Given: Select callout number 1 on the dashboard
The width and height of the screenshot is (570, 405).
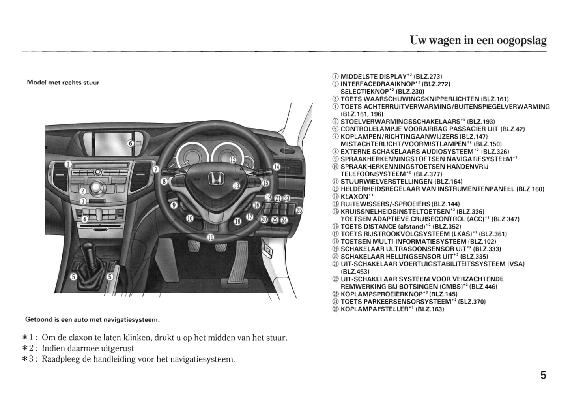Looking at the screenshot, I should (x=68, y=164).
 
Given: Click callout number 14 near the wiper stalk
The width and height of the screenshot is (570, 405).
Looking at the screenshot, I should (x=277, y=167).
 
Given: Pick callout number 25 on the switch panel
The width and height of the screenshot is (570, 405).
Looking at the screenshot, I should (x=299, y=210).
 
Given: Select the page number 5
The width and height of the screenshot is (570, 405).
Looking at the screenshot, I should (x=543, y=375).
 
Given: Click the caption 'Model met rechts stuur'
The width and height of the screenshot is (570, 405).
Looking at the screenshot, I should (x=63, y=83).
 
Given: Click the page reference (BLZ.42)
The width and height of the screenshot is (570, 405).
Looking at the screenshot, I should (x=512, y=129).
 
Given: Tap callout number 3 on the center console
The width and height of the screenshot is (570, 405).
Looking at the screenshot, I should (x=83, y=201).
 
